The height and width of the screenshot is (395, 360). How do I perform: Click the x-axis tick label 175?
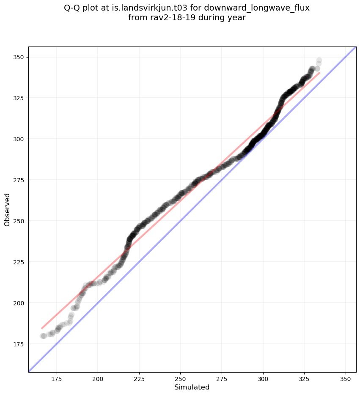pos(57,380)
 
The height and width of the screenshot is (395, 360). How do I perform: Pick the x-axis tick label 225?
pos(139,380)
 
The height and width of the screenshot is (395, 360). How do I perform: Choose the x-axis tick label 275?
pos(222,380)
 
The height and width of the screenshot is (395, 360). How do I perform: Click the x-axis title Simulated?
pos(192,387)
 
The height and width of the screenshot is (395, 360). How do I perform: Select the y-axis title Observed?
pos(7,210)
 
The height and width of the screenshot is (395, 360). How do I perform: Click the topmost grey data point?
pos(319,60)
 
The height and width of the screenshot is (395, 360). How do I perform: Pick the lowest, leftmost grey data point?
pos(43,336)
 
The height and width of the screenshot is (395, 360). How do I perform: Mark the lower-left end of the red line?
pos(41,328)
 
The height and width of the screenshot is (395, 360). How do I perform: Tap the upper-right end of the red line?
pos(319,73)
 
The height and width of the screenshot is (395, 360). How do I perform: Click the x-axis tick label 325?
pos(305,380)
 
